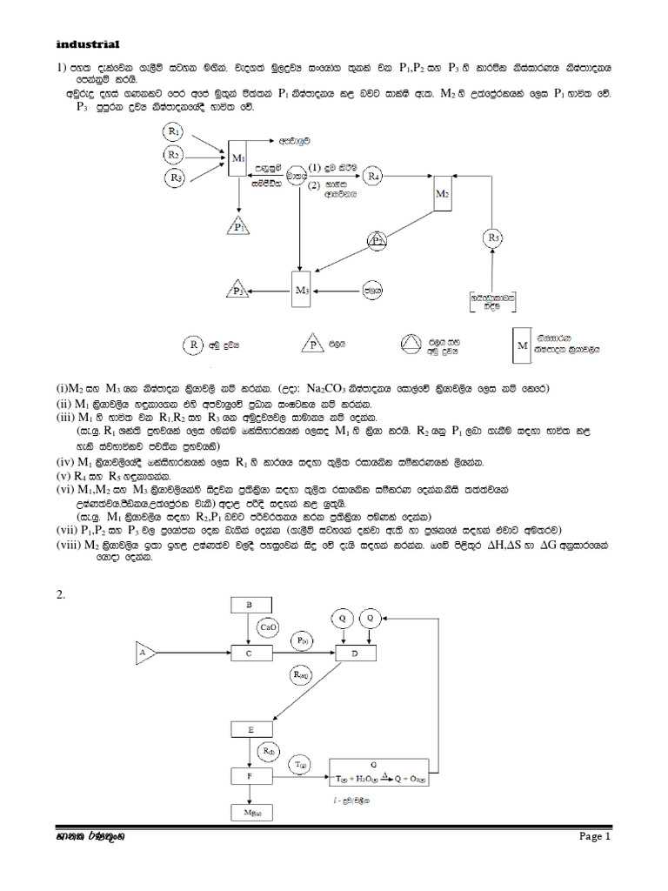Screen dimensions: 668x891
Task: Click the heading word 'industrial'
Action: coord(87,44)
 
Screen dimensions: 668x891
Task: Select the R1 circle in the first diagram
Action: coord(175,132)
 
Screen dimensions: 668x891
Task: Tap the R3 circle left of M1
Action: coord(175,178)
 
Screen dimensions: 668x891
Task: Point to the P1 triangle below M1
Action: coord(239,227)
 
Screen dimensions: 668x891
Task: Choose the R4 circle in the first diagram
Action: coord(373,177)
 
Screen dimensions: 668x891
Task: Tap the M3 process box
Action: coord(303,290)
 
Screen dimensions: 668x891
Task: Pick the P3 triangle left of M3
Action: coord(237,291)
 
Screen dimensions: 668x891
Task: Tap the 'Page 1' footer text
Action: coord(597,837)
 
